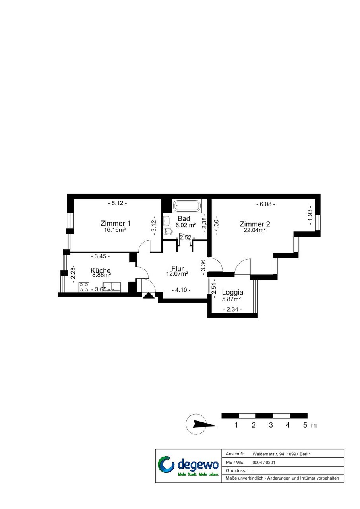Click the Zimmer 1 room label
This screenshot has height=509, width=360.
click(x=115, y=223)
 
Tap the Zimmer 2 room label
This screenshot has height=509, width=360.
click(x=255, y=224)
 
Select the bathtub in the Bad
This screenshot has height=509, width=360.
click(x=186, y=206)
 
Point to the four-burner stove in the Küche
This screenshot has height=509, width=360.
click(x=84, y=287)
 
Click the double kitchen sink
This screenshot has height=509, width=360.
click(x=111, y=287)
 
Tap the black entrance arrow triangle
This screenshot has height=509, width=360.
click(x=148, y=295)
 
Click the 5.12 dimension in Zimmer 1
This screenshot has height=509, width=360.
click(x=117, y=203)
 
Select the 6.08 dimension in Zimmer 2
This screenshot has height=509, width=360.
click(x=265, y=204)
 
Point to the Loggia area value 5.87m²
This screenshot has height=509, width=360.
click(x=231, y=299)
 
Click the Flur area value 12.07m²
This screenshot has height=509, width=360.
click(x=177, y=274)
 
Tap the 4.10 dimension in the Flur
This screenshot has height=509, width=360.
click(x=181, y=290)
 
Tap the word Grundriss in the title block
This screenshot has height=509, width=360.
click(x=236, y=470)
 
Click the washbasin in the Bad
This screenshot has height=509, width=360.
click(x=166, y=220)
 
